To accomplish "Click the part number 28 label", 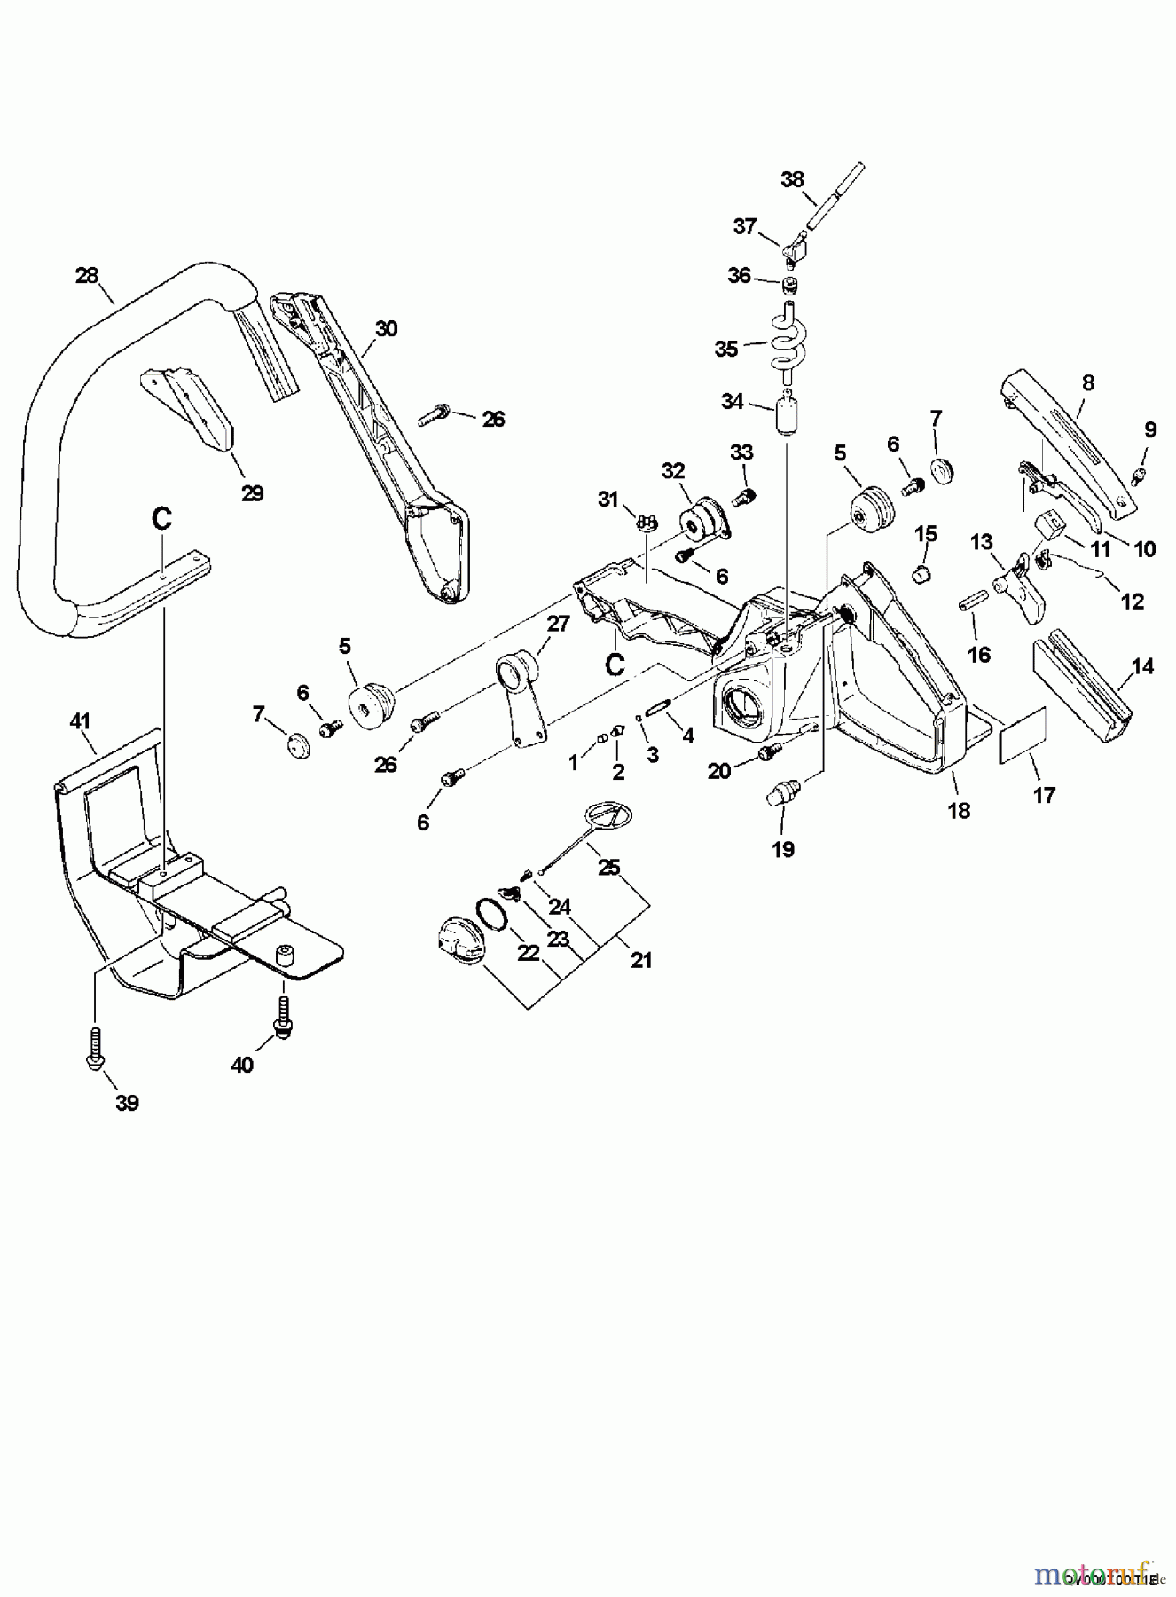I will [x=87, y=275].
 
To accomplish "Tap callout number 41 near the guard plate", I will [x=81, y=721].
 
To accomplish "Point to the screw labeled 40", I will [x=285, y=1016].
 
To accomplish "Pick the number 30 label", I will [x=386, y=328].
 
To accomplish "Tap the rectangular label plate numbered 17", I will [x=1023, y=735].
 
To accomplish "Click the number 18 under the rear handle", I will [x=959, y=809].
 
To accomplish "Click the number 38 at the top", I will [x=792, y=179].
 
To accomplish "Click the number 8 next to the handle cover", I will [x=1088, y=382].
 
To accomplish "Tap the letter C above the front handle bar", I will [x=161, y=519].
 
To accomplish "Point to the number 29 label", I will [x=253, y=493].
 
